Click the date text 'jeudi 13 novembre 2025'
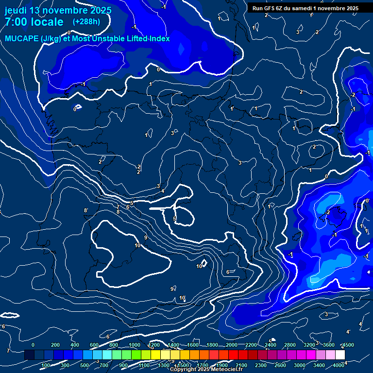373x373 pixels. pos(58,10)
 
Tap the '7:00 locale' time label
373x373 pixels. pos(34,22)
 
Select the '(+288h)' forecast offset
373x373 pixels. pos(86,22)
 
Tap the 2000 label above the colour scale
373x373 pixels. pos(232,345)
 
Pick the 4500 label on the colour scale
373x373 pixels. pos(348,345)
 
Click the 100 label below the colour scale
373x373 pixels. pos(46,365)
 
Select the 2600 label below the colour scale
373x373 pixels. pos(281,365)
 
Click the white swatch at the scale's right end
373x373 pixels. pos(340,355)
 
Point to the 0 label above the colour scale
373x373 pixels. pos(33,345)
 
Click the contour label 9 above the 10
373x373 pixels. pos(145,237)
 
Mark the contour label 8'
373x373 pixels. pos(86,210)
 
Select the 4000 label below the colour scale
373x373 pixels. pos(339,365)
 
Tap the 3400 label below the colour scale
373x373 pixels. pos(320,365)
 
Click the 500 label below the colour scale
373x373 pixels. pos(85,365)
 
